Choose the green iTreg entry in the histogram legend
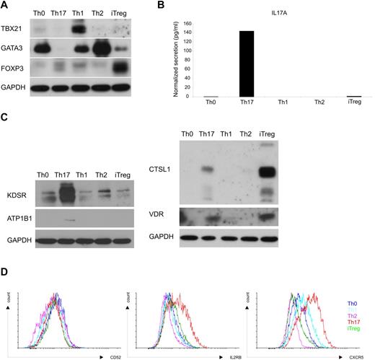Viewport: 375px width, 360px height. [x=355, y=330]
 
